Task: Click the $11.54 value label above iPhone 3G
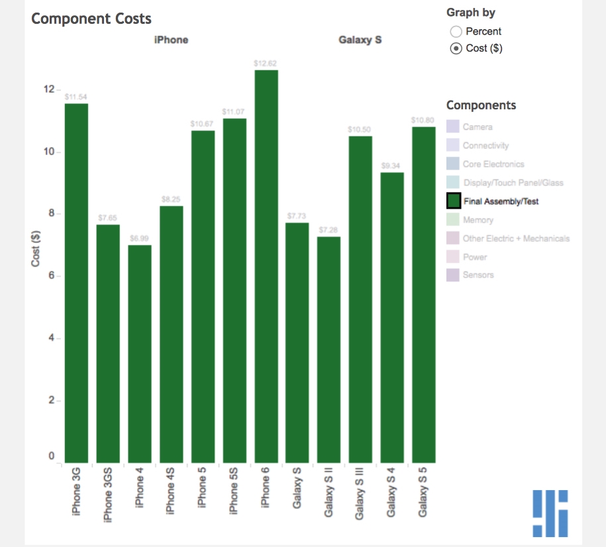76,97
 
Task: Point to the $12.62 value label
266,63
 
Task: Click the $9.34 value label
392,166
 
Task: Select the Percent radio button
456,32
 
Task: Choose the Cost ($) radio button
456,48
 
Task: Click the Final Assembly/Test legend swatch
454,201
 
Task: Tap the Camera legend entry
477,127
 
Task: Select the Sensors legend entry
478,275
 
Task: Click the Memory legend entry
478,220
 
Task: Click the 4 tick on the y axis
50,338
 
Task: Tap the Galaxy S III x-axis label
360,493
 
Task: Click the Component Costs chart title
91,19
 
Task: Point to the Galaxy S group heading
360,40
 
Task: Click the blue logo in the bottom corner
550,513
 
